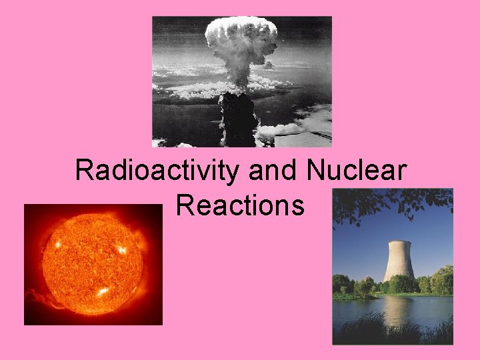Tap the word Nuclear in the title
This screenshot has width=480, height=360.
[x=356, y=171]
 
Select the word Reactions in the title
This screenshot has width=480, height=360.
[x=241, y=205]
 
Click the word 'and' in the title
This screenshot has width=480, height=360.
[x=274, y=171]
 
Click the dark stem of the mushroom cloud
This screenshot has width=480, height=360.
[x=238, y=117]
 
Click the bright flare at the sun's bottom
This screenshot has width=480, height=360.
[x=103, y=291]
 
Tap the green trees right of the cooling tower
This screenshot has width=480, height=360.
[x=437, y=281]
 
